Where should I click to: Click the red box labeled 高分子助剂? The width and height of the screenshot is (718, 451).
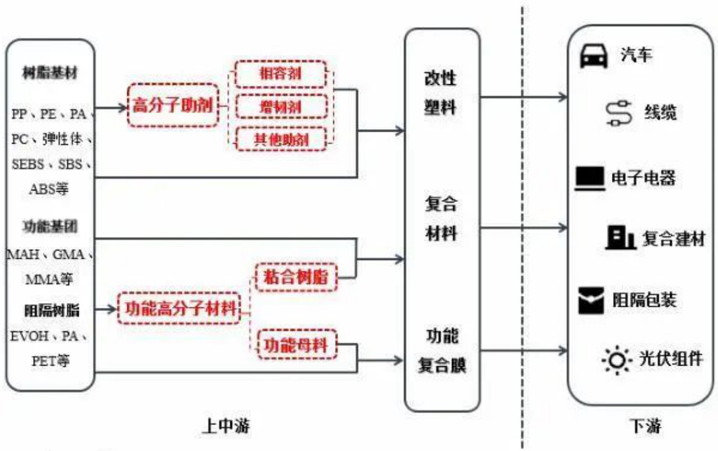pos(173,105)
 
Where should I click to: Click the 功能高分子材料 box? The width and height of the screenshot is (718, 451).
pos(179,309)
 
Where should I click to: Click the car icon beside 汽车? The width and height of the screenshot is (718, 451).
pos(594,56)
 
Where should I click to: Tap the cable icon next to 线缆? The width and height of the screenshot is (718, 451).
pos(619,114)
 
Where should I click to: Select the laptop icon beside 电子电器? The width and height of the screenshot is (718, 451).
pos(589,178)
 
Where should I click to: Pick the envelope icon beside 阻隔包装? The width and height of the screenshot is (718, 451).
pos(591,300)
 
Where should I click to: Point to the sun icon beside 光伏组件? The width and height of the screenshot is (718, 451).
pos(616,359)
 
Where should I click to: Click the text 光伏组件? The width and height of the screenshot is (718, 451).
pos(671,358)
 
